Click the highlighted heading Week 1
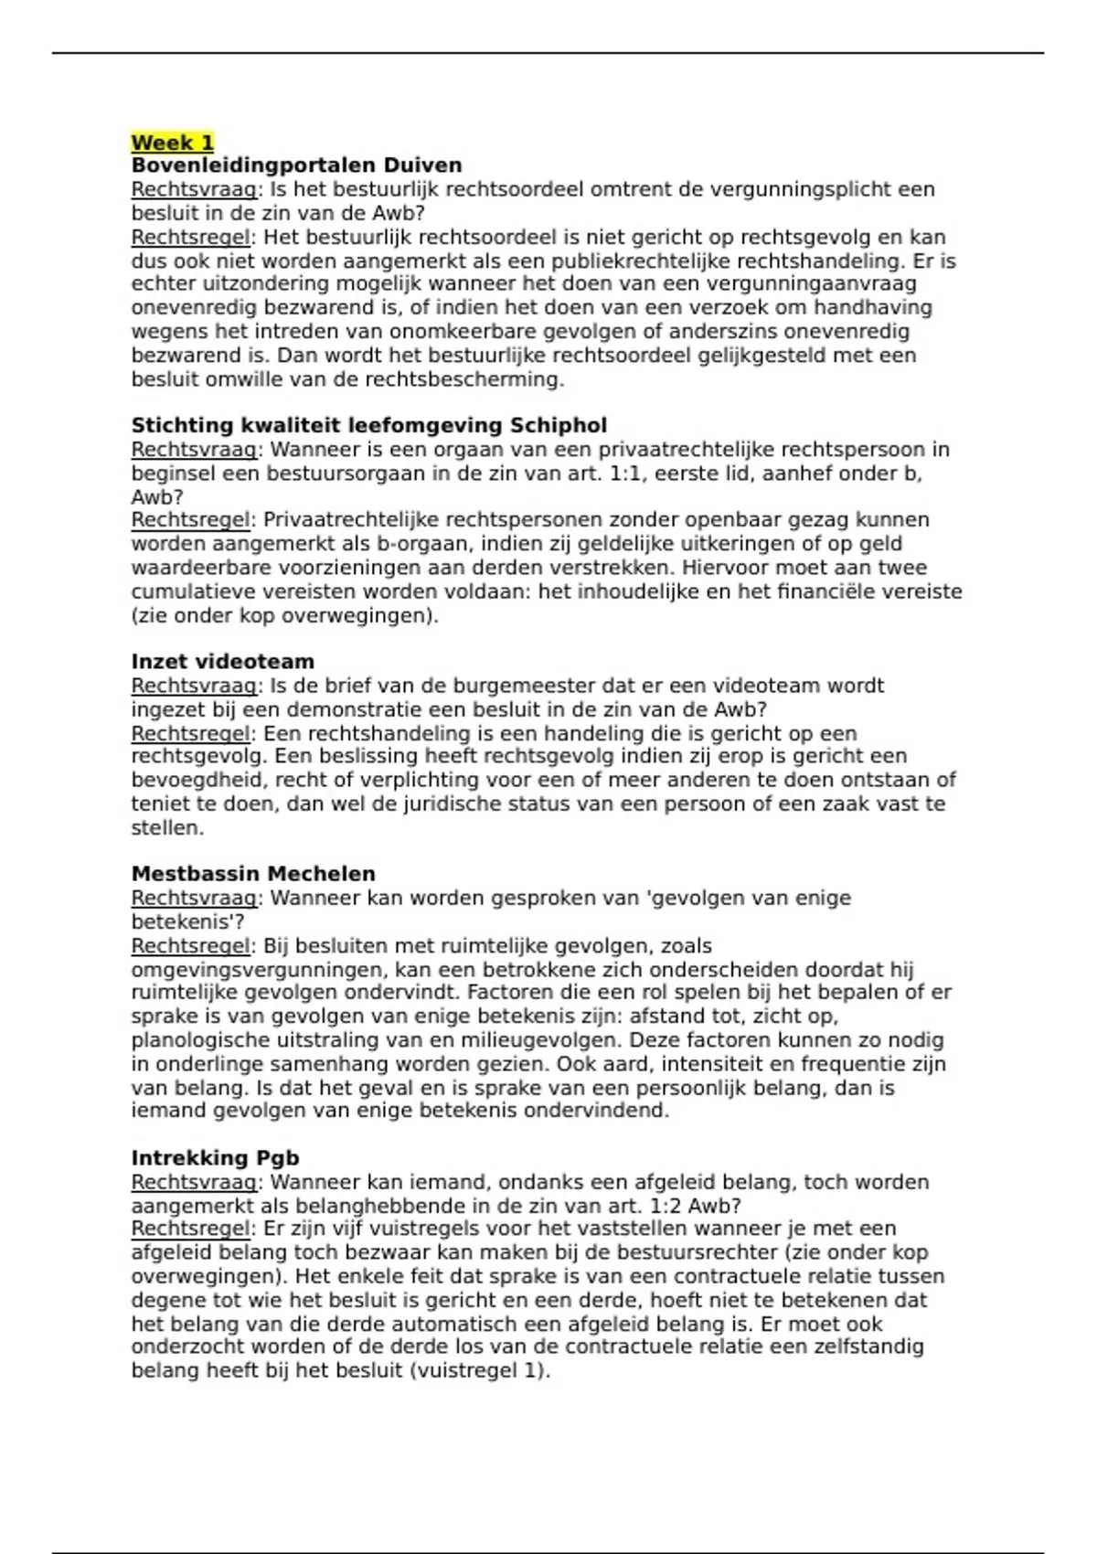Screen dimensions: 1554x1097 172,143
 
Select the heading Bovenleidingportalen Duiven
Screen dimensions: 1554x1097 296,165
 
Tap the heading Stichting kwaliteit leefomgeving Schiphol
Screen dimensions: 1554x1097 368,425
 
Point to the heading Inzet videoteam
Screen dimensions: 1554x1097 222,662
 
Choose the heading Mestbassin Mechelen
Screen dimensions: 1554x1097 253,874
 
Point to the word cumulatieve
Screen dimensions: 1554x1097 194,591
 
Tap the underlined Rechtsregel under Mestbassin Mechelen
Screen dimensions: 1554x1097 189,945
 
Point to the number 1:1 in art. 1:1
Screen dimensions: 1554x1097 626,474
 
